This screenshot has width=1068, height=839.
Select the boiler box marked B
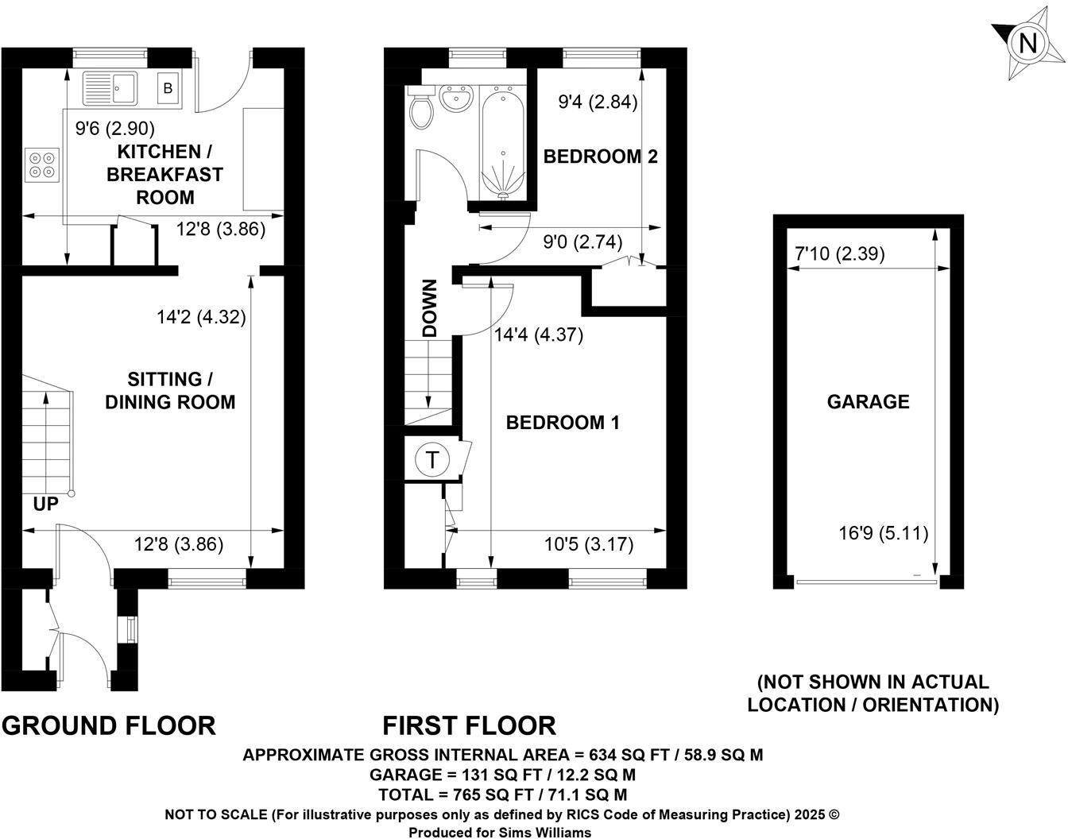pos(168,88)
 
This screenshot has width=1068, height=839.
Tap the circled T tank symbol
pos(432,459)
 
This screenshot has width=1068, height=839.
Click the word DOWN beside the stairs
pos(430,308)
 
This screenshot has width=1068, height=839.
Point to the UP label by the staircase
pos(45,504)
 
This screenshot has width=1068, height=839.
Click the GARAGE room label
pos(868,402)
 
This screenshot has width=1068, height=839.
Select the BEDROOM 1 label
pos(563,423)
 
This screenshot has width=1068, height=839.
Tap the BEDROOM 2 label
pos(600,157)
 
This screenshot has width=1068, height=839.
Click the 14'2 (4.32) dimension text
pos(202,317)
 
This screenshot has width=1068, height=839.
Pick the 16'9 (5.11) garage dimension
pos(884,533)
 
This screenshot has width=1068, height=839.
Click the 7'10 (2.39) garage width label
pos(840,254)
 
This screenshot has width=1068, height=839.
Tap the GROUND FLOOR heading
pos(109,725)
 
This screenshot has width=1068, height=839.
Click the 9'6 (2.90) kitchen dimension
pos(114,128)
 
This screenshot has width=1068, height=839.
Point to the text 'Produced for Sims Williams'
pos(500,832)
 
